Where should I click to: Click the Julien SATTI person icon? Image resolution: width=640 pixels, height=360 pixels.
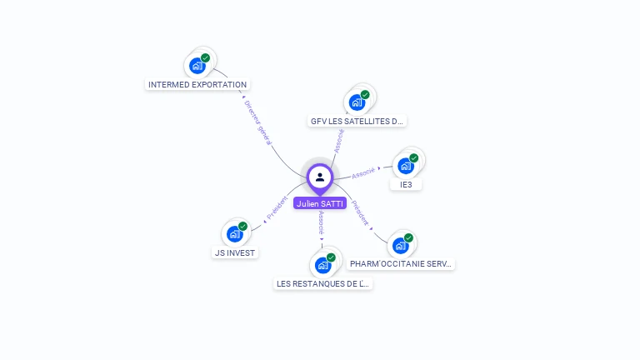tap(320, 177)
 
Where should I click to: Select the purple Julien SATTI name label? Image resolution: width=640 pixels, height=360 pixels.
tap(320, 203)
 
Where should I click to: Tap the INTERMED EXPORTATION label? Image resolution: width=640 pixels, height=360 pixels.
tap(197, 84)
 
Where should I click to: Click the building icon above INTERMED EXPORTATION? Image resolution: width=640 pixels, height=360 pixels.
tap(197, 65)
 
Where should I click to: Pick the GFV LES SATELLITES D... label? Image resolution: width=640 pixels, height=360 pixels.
tap(357, 121)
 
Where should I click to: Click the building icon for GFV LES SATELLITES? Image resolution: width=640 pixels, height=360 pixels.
tap(357, 102)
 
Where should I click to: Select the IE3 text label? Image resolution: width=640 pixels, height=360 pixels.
tap(406, 184)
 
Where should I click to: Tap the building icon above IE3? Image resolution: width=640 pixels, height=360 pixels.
tap(406, 165)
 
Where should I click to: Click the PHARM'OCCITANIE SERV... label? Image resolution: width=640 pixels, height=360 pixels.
tap(402, 263)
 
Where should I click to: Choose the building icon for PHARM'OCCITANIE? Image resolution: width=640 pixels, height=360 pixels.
tap(401, 245)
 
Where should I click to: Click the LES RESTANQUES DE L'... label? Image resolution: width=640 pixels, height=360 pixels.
tap(322, 283)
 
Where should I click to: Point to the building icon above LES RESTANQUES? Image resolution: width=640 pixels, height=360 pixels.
tap(322, 265)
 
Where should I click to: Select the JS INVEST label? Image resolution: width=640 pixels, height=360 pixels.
tap(235, 252)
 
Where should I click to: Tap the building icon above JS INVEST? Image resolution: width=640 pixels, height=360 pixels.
tap(235, 233)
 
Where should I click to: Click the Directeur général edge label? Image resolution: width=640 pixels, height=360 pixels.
tap(257, 123)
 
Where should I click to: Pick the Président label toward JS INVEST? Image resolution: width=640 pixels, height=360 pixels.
tap(277, 208)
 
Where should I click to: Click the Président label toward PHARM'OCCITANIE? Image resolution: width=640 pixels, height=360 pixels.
tap(360, 212)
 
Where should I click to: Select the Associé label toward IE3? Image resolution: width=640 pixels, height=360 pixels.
tap(363, 172)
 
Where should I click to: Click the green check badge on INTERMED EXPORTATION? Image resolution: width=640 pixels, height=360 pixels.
tap(205, 58)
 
